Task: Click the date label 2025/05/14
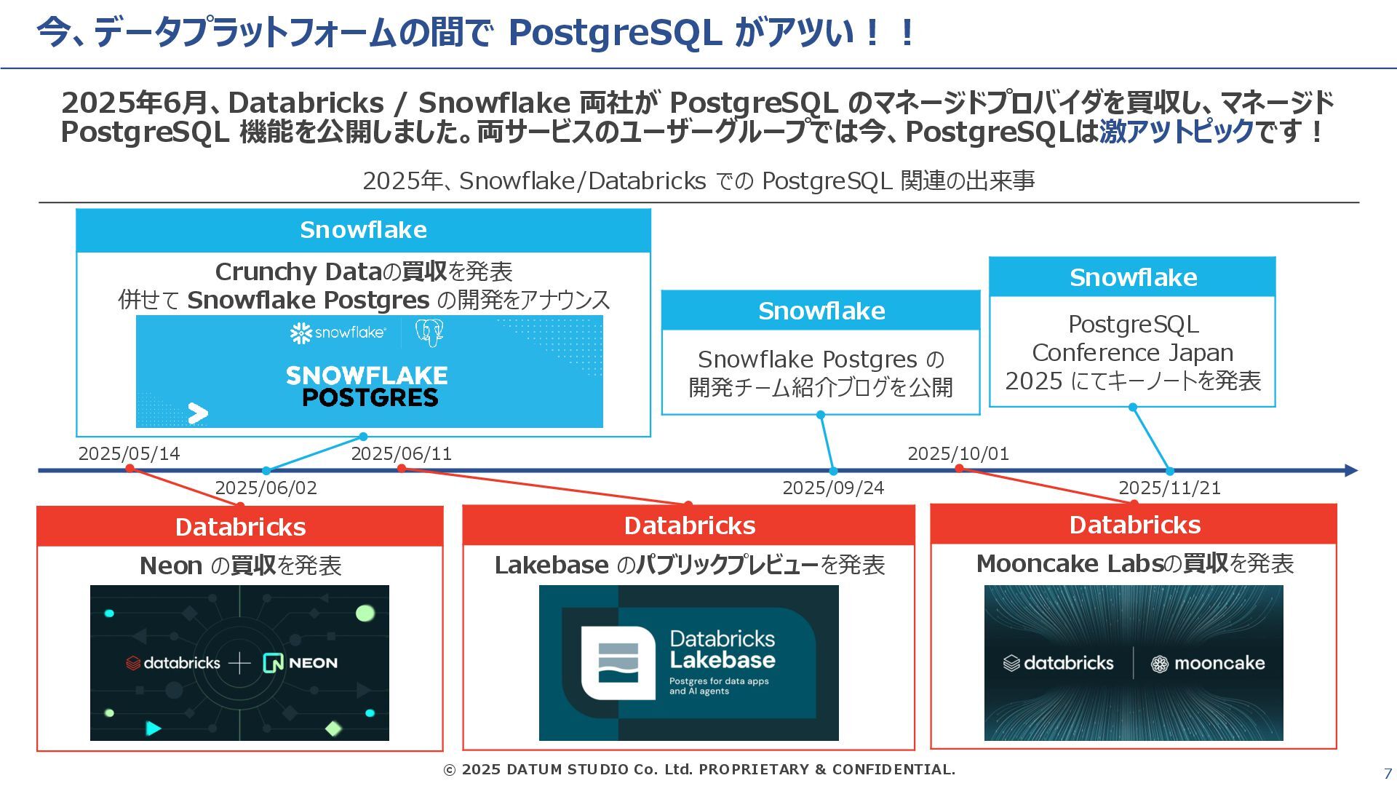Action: [x=129, y=453]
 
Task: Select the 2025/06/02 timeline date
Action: [x=266, y=488]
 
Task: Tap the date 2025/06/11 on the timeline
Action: [x=401, y=453]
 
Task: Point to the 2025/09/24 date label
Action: [x=833, y=488]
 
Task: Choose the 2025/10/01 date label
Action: [x=958, y=453]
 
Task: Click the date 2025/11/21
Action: [x=1169, y=488]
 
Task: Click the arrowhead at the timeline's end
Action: [x=1351, y=471]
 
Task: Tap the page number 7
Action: [x=1388, y=774]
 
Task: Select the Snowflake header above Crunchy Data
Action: [x=363, y=230]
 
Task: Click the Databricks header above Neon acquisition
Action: [x=240, y=527]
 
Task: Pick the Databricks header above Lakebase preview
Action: [x=689, y=525]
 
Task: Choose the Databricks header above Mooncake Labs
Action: [x=1134, y=525]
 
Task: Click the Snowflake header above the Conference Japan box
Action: [x=1133, y=277]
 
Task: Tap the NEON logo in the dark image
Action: [x=301, y=663]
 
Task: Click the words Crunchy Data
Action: [x=298, y=271]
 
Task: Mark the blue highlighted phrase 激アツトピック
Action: [x=1177, y=132]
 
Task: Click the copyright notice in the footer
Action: [x=699, y=769]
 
